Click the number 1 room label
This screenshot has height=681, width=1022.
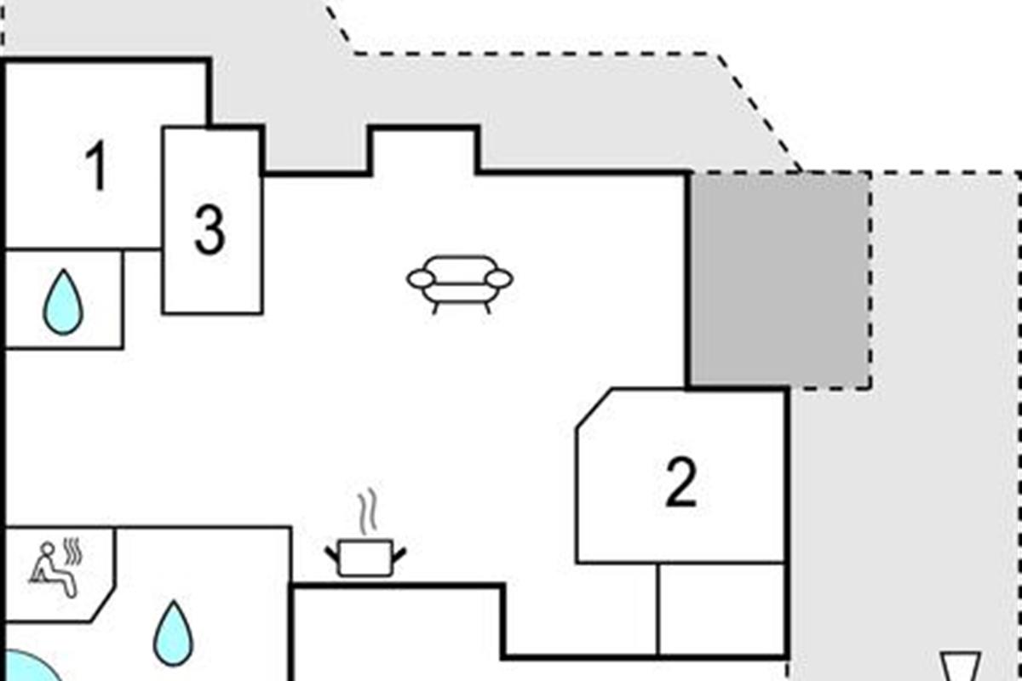97,166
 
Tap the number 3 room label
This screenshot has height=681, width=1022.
210,230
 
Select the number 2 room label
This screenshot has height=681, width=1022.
681,482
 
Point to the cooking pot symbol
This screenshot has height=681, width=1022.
365,558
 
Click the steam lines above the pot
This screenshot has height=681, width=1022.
368,512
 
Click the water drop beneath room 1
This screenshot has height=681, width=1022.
63,302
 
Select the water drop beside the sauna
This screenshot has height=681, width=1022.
174,633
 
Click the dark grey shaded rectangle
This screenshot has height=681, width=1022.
779,280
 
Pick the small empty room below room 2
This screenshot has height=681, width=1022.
722,609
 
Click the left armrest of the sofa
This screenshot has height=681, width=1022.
420,279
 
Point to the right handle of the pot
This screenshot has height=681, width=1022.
399,555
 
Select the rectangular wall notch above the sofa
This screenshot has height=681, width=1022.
424,151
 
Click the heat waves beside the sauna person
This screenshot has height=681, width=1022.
73,552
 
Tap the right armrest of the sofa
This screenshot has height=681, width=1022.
499,279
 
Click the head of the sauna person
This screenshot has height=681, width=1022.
48,547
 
